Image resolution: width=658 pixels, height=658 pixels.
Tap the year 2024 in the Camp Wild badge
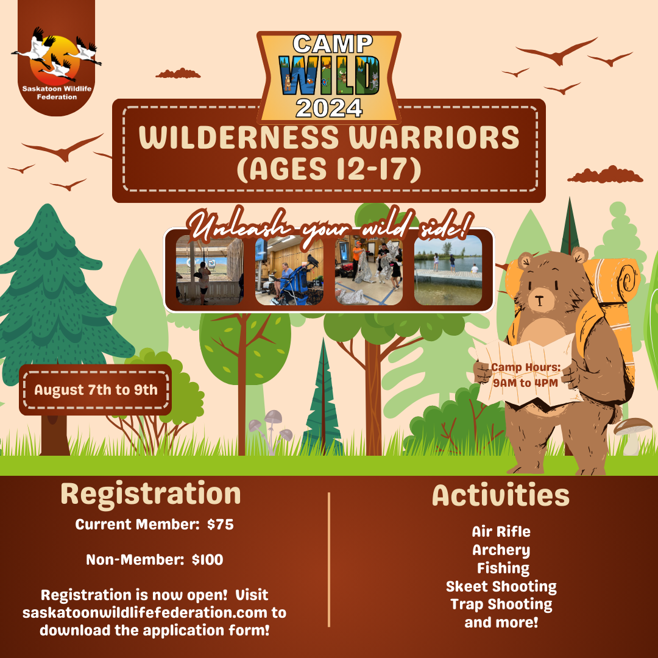pyautogui.click(x=329, y=108)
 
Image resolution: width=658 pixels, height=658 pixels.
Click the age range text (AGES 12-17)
pyautogui.click(x=329, y=169)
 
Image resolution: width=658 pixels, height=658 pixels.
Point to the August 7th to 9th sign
pyautogui.click(x=95, y=390)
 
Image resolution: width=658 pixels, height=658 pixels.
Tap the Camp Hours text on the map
pyautogui.click(x=525, y=375)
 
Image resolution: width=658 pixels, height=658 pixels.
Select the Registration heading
pyautogui.click(x=150, y=494)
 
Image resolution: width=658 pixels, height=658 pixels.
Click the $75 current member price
pyautogui.click(x=221, y=525)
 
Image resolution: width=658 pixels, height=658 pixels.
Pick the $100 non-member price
pyautogui.click(x=207, y=560)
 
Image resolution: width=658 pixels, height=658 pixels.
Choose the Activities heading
pyautogui.click(x=501, y=495)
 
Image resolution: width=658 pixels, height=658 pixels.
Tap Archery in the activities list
pyautogui.click(x=501, y=550)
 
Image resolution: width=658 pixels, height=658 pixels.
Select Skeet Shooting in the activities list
pyautogui.click(x=501, y=587)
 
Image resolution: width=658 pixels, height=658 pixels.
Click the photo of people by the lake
pyautogui.click(x=448, y=270)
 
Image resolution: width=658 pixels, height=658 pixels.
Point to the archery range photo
pyautogui.click(x=210, y=270)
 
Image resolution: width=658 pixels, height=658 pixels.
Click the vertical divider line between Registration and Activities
pyautogui.click(x=329, y=560)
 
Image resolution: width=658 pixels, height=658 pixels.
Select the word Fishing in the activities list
pyautogui.click(x=503, y=568)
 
